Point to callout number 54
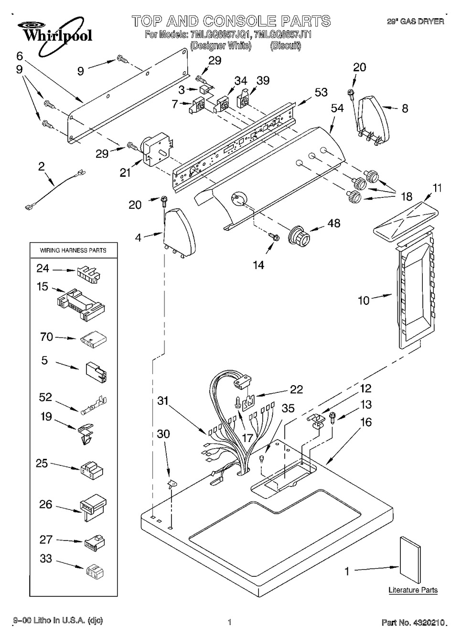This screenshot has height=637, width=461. [x=337, y=108]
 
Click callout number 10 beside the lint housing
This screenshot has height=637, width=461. [x=364, y=300]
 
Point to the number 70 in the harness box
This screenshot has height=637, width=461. [x=46, y=337]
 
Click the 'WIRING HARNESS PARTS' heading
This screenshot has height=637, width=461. [x=73, y=250]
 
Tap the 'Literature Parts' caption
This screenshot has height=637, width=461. [x=413, y=590]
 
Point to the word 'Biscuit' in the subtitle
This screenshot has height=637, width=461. [x=285, y=46]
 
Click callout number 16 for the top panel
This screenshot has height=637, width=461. [x=366, y=422]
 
